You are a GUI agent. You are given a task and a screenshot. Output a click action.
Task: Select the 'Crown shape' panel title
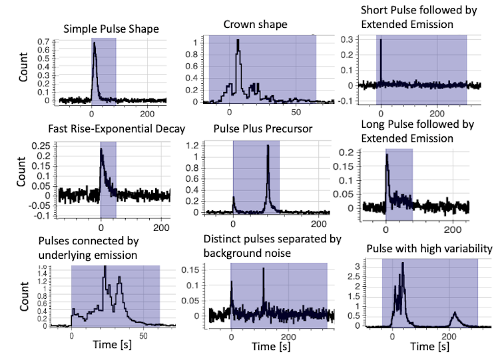pos(256,25)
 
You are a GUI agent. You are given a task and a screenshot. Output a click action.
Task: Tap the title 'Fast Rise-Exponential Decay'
pos(116,128)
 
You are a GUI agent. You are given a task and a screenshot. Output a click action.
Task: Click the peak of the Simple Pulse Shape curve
pos(94,43)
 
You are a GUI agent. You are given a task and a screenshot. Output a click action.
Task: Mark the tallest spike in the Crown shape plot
pos(238,41)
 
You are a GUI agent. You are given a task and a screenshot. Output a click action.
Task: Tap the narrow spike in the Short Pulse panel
pos(380,40)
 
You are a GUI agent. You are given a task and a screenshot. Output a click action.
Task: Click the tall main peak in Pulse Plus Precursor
pos(268,146)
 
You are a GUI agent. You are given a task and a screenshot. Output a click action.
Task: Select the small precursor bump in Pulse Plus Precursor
pos(234,198)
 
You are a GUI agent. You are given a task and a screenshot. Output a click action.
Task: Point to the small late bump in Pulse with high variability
pos(454,313)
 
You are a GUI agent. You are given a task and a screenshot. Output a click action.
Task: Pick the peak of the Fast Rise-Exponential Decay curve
pos(101,150)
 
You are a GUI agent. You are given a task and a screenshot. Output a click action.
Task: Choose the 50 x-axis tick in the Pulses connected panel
pos(142,336)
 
